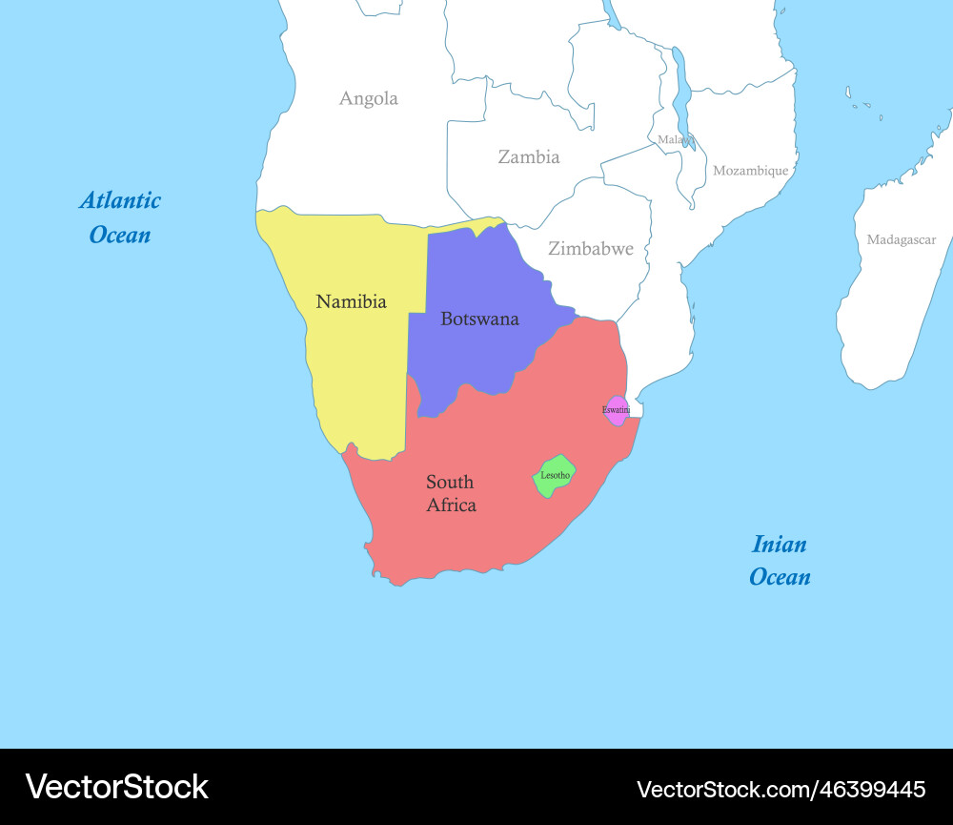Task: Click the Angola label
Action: coord(369,98)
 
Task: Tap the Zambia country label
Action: coord(529,157)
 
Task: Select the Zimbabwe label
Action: coord(590,249)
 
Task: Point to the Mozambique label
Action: coord(751,171)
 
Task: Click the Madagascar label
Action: coord(901,240)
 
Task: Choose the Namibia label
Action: coord(351,302)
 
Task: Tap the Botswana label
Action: coord(479,320)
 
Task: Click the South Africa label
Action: coord(451,493)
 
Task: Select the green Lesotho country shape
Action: coord(554,476)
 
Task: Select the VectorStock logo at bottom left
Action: coord(116,787)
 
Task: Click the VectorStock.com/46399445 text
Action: coord(781,789)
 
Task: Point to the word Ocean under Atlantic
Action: coord(120,235)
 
